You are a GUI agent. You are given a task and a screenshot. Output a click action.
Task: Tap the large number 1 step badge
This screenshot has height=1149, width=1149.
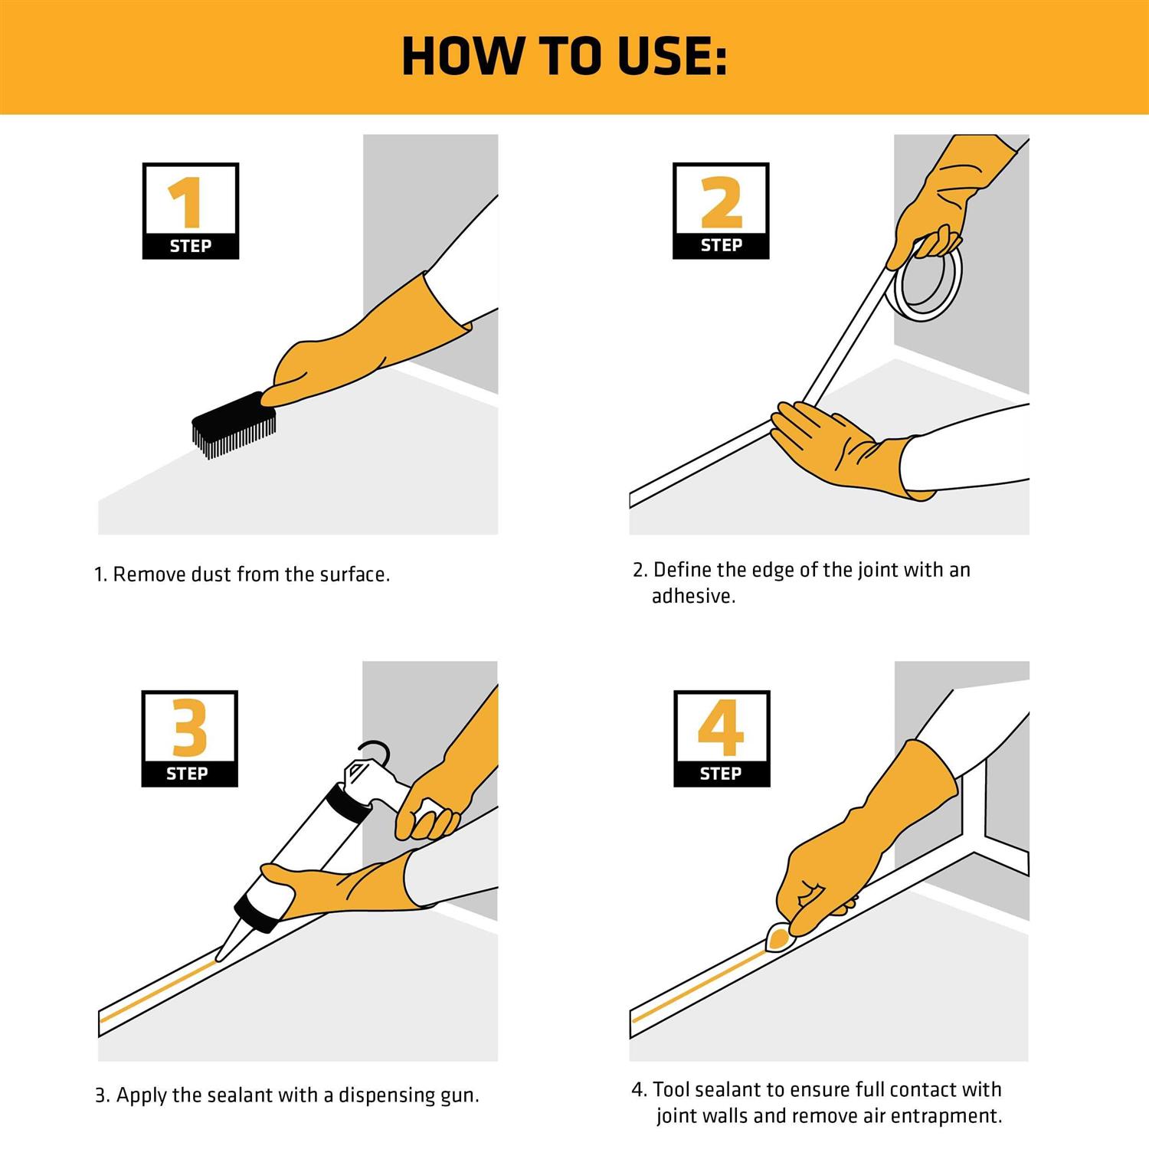pyautogui.click(x=190, y=211)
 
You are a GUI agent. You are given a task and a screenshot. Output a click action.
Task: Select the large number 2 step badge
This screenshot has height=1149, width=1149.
pyautogui.click(x=721, y=211)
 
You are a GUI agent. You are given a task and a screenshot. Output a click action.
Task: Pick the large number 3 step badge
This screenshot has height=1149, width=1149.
pyautogui.click(x=189, y=738)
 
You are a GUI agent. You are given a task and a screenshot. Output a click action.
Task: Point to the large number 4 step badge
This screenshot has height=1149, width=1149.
pyautogui.click(x=722, y=738)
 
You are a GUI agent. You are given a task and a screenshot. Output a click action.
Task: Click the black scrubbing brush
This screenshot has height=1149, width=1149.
pyautogui.click(x=233, y=425)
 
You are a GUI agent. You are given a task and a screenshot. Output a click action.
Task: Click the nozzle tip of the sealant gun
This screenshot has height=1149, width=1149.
pyautogui.click(x=219, y=957)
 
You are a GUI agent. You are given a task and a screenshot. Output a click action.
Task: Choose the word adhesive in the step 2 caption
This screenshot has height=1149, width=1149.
pyautogui.click(x=693, y=596)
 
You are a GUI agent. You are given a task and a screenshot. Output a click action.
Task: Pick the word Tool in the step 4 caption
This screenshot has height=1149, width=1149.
pyautogui.click(x=673, y=1089)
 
